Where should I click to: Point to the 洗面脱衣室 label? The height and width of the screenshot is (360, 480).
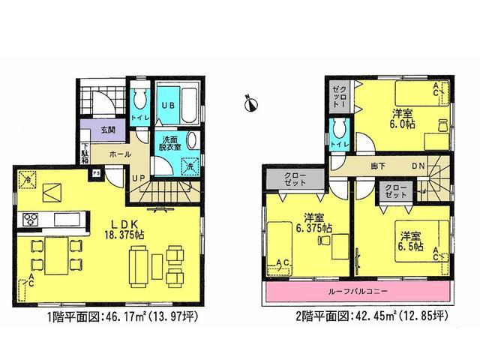(x=168, y=143)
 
